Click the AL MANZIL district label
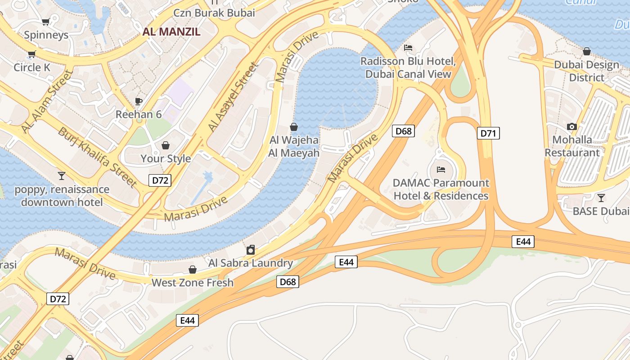tap(171, 31)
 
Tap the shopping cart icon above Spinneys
tap(45, 22)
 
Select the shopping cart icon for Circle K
tap(31, 54)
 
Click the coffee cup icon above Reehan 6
tap(139, 101)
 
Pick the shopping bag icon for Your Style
tap(166, 145)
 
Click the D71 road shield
tap(488, 133)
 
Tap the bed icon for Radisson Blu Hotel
tap(408, 48)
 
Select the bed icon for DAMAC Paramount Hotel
tap(441, 170)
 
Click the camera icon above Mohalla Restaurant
tap(572, 126)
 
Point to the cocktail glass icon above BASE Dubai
tap(601, 198)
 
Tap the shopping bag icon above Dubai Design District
tap(586, 51)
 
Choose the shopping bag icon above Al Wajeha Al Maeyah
tap(294, 127)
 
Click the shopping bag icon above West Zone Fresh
tap(193, 270)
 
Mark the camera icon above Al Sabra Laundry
tap(251, 250)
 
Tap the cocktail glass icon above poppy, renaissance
tap(62, 175)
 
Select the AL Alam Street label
tap(47, 102)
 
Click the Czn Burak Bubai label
tap(214, 13)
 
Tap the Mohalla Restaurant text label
tap(572, 146)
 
